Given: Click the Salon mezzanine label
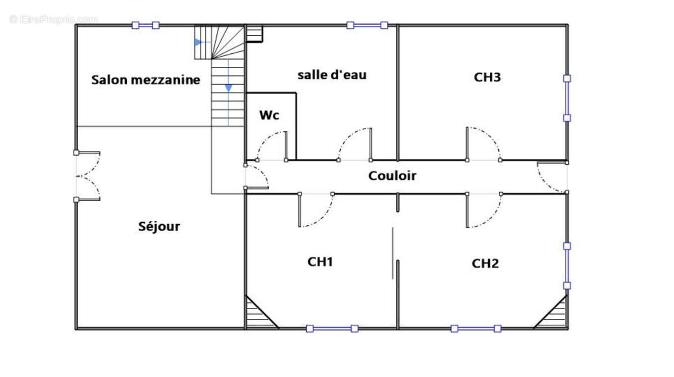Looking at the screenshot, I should [145, 80].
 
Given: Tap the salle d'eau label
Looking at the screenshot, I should [332, 74].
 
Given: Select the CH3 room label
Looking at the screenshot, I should [487, 78].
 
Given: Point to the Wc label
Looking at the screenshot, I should [269, 115].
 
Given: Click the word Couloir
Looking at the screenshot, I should [392, 176].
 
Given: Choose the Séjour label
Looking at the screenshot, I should [159, 226].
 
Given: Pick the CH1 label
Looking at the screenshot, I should [321, 261].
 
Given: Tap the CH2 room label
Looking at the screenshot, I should [485, 264].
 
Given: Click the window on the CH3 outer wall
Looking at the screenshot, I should [567, 98].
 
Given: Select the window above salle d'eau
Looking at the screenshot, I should [367, 25].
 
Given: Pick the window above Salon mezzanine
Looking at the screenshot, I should [145, 25].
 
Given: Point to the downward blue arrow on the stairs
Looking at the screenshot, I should [229, 88].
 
